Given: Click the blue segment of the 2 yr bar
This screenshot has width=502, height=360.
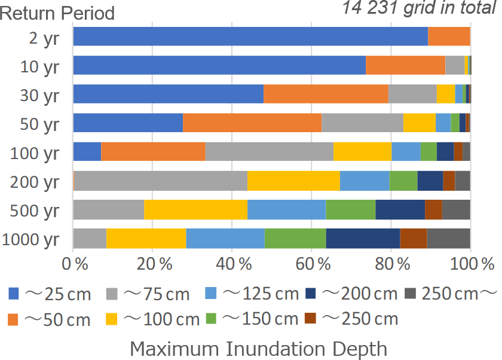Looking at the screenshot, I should click(x=250, y=36).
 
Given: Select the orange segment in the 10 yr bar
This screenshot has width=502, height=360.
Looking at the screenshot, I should click(x=405, y=65).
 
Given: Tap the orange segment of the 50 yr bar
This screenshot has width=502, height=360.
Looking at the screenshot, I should click(x=252, y=123).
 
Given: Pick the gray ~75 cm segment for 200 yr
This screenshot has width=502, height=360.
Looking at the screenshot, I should click(x=160, y=180).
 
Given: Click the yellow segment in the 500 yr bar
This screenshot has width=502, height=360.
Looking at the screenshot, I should click(x=195, y=209).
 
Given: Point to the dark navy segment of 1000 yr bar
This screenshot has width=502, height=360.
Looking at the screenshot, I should click(x=363, y=238).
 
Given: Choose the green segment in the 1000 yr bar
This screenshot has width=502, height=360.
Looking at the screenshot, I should click(x=295, y=238).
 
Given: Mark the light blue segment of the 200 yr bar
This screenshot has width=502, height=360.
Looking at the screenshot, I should click(x=365, y=180).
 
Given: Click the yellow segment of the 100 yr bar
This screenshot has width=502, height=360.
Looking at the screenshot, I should click(x=362, y=151).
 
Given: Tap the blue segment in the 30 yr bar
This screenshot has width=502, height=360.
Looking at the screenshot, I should click(x=168, y=94).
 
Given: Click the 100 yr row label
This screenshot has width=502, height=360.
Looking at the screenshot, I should click(x=35, y=153).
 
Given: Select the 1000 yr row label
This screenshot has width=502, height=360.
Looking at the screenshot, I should click(x=30, y=240).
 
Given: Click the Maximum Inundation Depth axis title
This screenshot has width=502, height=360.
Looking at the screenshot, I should click(x=258, y=348).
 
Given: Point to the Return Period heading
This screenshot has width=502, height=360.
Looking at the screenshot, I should click(x=57, y=13).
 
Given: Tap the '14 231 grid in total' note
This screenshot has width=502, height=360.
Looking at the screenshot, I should click(x=418, y=8).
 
